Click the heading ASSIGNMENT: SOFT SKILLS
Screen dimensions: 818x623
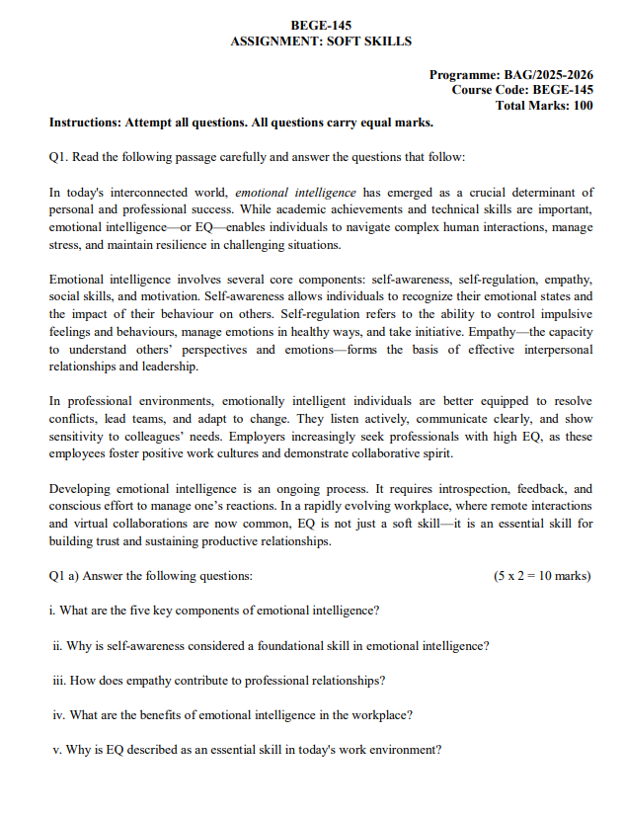coord(321,41)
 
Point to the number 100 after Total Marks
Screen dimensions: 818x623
coord(582,106)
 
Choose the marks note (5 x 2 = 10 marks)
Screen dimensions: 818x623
coord(542,575)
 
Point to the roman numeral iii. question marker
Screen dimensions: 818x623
coord(58,680)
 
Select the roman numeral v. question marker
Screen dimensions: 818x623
coord(57,749)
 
